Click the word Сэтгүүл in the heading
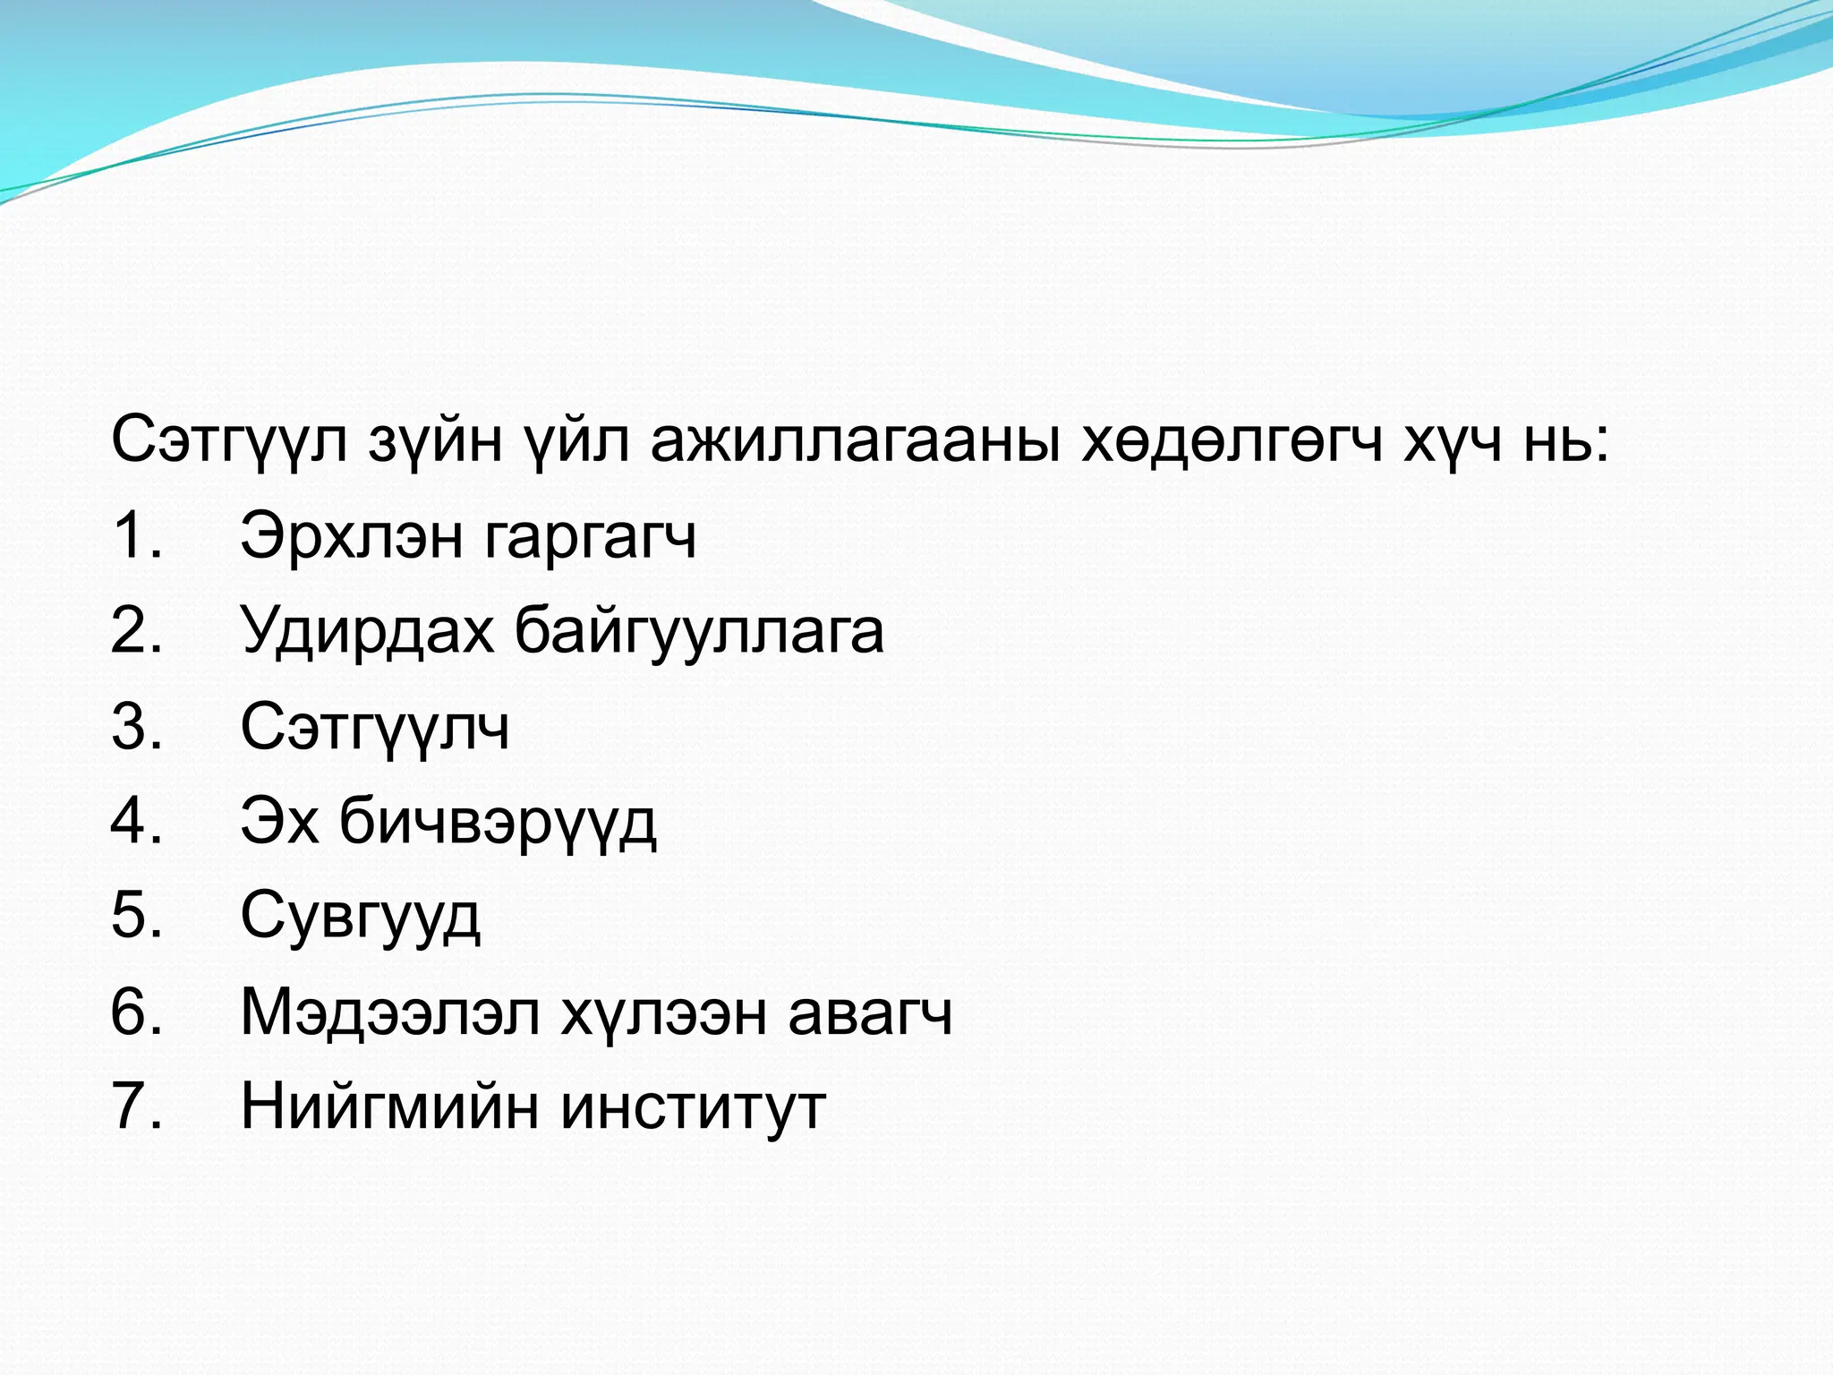(x=228, y=440)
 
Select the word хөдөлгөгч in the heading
(x=1232, y=440)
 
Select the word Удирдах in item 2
(x=367, y=632)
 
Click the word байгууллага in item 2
(x=699, y=632)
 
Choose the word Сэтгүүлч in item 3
(x=374, y=727)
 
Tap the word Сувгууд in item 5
(x=360, y=917)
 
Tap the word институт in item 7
(x=693, y=1108)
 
